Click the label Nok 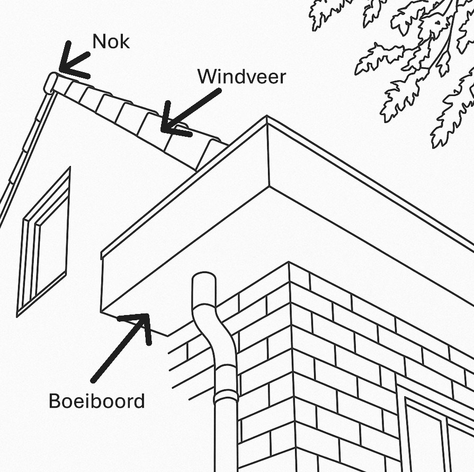[111, 42]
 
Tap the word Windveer [242, 77]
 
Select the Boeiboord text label [96, 401]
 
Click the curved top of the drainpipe [204, 286]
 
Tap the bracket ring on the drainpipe [226, 395]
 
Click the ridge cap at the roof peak [51, 83]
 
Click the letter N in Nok [99, 42]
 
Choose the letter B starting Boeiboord [53, 401]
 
